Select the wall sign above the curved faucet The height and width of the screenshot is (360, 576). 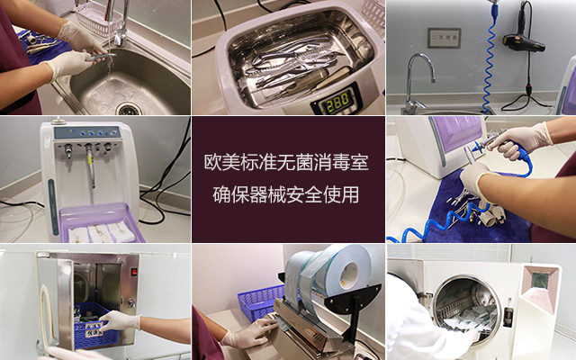coord(444,38)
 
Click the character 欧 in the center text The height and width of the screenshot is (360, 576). coord(213,162)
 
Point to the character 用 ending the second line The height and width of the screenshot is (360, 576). coord(350,194)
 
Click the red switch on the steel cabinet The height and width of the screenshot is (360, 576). coord(134,272)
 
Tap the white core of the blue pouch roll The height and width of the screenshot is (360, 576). coord(349,271)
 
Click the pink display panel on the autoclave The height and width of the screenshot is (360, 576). coord(540,289)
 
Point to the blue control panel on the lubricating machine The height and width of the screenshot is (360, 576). coord(87,132)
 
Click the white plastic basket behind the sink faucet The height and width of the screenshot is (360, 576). coord(98,20)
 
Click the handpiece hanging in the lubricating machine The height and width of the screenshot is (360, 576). coord(90,166)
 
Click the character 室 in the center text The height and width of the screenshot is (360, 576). coord(359,162)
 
